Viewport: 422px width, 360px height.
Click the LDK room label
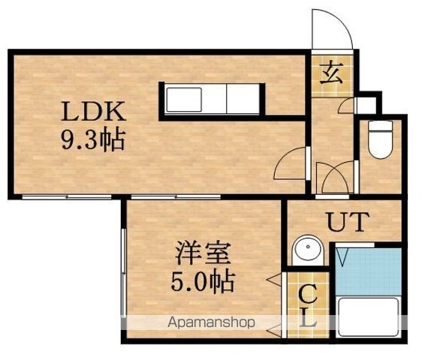click(93, 111)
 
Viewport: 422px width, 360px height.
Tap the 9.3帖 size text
click(93, 139)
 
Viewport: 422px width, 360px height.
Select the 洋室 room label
click(203, 253)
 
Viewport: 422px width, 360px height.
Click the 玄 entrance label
click(331, 73)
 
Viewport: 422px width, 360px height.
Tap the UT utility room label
click(348, 222)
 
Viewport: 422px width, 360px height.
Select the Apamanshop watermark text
click(211, 322)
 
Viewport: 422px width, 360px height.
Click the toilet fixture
click(380, 139)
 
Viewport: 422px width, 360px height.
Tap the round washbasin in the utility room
click(308, 249)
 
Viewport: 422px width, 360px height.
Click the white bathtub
click(369, 317)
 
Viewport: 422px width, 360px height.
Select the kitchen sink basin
click(184, 99)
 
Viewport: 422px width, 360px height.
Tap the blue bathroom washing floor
click(369, 271)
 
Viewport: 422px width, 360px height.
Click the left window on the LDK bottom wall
click(67, 197)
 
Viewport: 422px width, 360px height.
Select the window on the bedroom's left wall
click(124, 273)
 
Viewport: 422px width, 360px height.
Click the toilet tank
click(380, 126)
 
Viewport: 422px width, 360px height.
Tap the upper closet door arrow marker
click(274, 280)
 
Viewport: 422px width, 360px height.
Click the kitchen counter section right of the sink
click(243, 99)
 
